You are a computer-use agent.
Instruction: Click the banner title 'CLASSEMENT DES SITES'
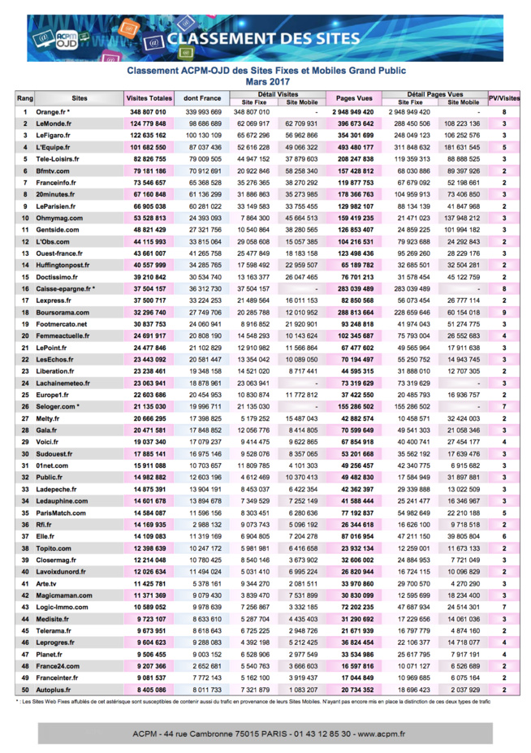(262, 38)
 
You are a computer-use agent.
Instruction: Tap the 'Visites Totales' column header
(149, 98)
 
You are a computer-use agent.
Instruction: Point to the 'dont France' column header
(203, 98)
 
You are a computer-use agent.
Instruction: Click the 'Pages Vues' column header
(354, 98)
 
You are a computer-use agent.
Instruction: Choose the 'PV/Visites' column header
(504, 98)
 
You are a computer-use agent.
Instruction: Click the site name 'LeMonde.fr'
(54, 123)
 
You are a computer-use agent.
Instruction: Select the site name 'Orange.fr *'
(54, 112)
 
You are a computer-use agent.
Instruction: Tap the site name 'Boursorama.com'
(60, 313)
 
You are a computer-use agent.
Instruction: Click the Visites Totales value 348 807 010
(148, 112)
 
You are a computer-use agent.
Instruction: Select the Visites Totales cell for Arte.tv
(148, 583)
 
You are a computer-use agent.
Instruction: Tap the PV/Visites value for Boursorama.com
(504, 313)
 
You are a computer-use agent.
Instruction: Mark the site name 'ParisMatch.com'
(60, 513)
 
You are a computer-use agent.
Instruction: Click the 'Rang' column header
(25, 98)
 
